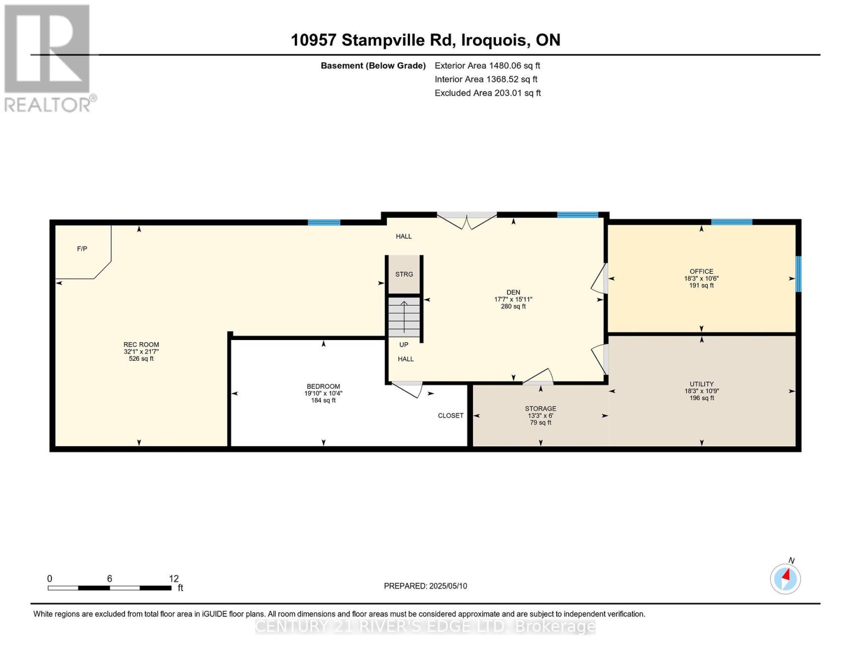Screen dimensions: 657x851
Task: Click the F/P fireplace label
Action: (x=82, y=249)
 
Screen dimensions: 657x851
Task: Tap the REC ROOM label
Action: (x=141, y=345)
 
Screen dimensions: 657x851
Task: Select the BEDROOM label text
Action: (x=323, y=387)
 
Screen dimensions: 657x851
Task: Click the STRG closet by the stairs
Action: (x=404, y=274)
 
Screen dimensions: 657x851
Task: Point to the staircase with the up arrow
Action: (x=404, y=317)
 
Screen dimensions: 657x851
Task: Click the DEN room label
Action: (x=513, y=292)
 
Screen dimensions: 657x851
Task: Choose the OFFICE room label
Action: (x=701, y=272)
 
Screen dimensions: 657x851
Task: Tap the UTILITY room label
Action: (x=701, y=384)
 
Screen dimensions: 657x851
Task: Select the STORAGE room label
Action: (x=540, y=409)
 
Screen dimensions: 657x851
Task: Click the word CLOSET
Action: (x=450, y=416)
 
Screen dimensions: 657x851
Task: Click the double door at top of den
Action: (x=466, y=220)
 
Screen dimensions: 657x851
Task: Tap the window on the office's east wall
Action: (x=798, y=274)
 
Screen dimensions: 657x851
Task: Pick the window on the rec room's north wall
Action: (x=324, y=222)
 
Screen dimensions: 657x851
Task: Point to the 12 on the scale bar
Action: (x=174, y=579)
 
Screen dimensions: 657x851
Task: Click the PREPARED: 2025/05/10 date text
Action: (x=425, y=586)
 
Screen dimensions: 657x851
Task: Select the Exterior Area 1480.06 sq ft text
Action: (x=487, y=66)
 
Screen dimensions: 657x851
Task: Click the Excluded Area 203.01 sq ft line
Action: (x=487, y=93)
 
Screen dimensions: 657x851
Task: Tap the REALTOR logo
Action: (x=48, y=57)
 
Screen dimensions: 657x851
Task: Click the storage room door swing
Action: (x=539, y=377)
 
